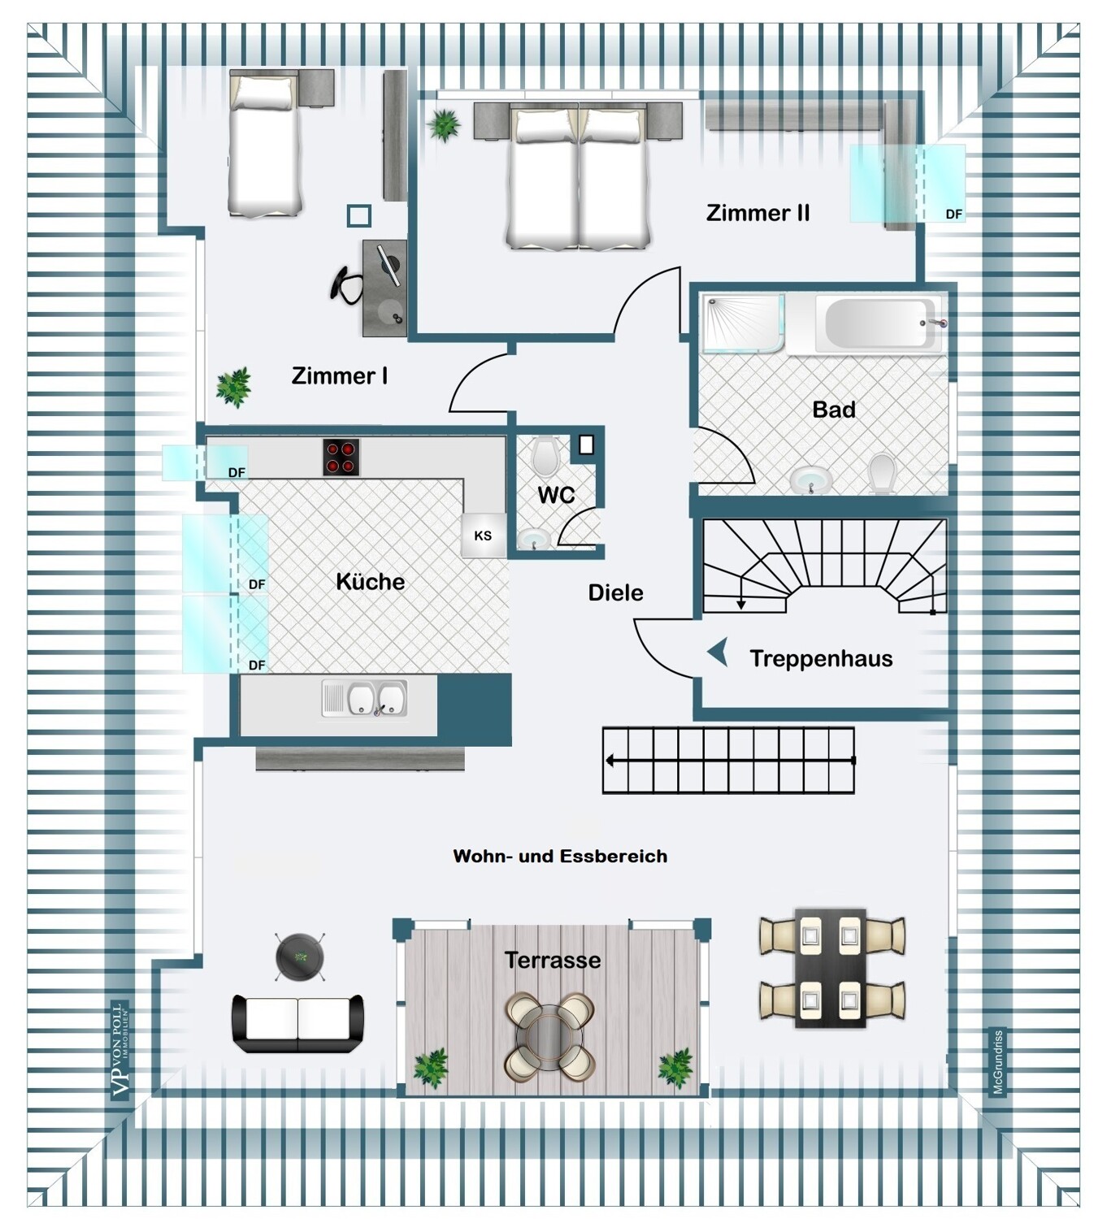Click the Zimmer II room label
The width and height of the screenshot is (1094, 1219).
[758, 213]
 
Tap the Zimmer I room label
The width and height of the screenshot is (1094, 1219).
[340, 376]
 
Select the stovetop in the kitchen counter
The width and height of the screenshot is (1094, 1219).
[341, 458]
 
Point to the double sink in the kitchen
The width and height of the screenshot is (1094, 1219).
[365, 698]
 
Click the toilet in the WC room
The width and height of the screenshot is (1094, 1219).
[546, 455]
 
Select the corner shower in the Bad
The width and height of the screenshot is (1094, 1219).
[745, 323]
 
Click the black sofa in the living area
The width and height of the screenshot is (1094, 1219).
[297, 1023]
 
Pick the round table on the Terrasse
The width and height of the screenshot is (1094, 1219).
[549, 1036]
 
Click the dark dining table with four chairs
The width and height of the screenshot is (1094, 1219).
[832, 968]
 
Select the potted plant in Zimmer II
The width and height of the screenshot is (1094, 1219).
[444, 125]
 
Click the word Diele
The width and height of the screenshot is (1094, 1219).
[615, 592]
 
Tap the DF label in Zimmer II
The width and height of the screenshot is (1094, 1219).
[953, 215]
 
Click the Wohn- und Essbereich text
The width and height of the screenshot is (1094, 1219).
[560, 857]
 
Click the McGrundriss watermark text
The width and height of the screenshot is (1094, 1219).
[998, 1062]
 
